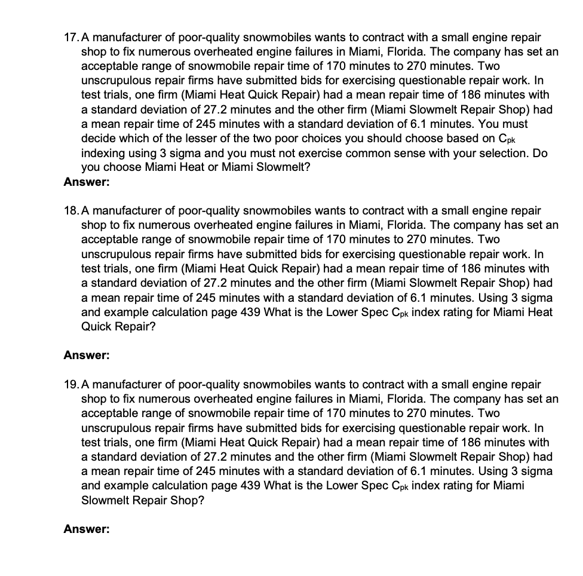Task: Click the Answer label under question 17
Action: [87, 182]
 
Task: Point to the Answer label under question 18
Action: [87, 356]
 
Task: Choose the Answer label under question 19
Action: [87, 529]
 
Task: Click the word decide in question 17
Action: [98, 139]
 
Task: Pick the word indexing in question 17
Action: [103, 153]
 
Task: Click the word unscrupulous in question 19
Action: [113, 428]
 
